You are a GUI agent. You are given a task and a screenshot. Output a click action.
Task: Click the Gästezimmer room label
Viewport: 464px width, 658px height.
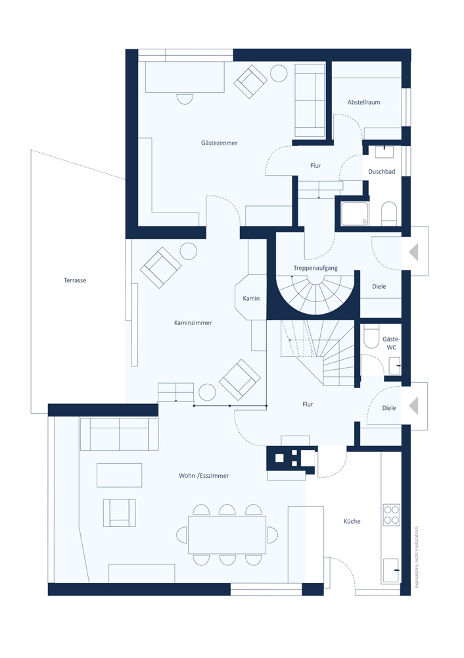point(219,143)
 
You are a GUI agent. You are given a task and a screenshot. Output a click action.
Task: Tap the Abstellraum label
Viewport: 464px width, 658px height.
point(363,102)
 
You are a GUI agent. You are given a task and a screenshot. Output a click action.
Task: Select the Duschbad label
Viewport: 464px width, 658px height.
point(381,171)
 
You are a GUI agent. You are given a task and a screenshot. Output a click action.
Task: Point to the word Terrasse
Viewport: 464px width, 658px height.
point(75,280)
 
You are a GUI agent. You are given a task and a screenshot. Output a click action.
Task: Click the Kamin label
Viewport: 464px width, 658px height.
point(251,298)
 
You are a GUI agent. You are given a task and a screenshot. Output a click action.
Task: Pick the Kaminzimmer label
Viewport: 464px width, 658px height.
point(193,322)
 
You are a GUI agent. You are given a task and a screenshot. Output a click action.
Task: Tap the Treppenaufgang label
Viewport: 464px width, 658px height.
point(315,268)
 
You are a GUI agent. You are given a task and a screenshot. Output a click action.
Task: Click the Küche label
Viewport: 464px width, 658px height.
point(352,521)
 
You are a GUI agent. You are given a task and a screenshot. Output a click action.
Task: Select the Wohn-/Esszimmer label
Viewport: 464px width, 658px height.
point(204,476)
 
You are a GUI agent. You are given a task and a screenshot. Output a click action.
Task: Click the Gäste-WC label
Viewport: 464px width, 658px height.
point(392,343)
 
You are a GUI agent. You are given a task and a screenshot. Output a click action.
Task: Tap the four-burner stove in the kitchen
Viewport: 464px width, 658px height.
point(392,515)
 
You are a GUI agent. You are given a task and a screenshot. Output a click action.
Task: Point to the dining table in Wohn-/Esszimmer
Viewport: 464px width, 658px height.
point(227,535)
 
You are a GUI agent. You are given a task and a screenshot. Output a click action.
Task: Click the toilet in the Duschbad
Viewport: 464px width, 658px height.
point(389,214)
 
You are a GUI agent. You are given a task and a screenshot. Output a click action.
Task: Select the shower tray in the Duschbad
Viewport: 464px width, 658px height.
point(355,214)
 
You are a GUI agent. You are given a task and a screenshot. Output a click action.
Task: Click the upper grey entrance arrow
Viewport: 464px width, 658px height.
point(413,253)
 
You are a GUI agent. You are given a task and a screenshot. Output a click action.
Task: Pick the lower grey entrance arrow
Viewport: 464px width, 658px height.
point(413,406)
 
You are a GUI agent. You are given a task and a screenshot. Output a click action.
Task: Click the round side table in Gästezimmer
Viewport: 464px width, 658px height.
point(279,74)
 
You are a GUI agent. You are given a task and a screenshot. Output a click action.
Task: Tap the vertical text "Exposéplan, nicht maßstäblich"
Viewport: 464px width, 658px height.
point(416,558)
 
